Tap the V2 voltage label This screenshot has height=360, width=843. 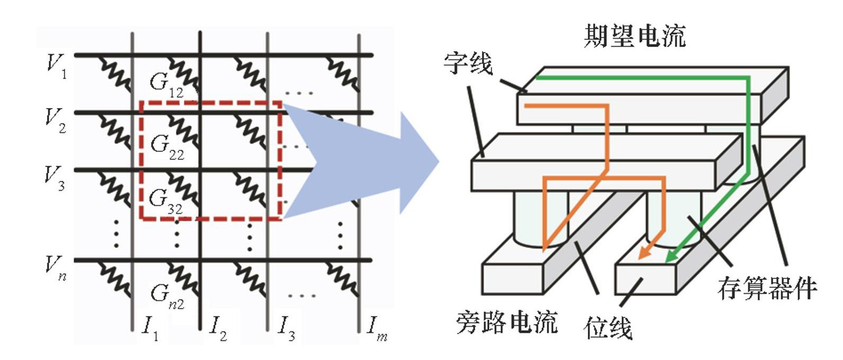point(56,121)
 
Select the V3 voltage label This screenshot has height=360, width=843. point(55,178)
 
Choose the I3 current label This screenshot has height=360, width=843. point(286,328)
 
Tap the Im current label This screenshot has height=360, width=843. point(378,328)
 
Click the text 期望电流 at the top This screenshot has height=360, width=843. point(634,36)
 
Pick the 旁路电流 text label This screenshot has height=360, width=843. point(507,321)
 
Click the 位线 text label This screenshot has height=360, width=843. point(608,328)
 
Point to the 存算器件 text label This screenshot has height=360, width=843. point(767,289)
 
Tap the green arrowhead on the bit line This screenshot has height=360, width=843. point(669,258)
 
